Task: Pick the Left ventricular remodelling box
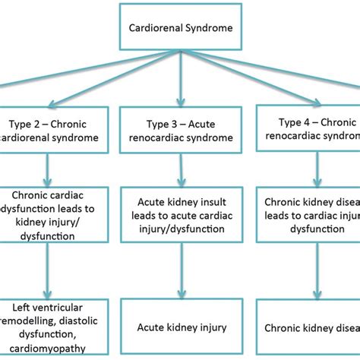click(49, 327)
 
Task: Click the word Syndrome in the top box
click(209, 30)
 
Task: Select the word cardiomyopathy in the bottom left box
click(55, 349)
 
